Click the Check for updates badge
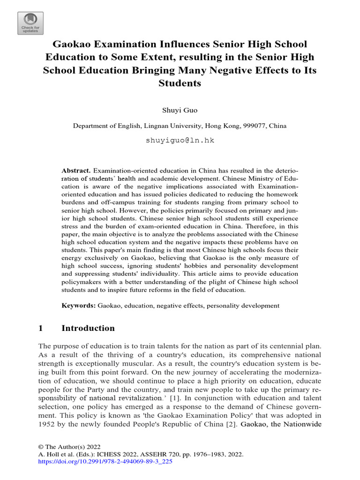(30, 23)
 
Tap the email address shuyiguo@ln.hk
(180, 140)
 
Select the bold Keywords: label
(79, 305)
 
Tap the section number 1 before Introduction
(41, 328)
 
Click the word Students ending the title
(180, 83)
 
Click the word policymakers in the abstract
(82, 281)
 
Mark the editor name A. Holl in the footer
(49, 454)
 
